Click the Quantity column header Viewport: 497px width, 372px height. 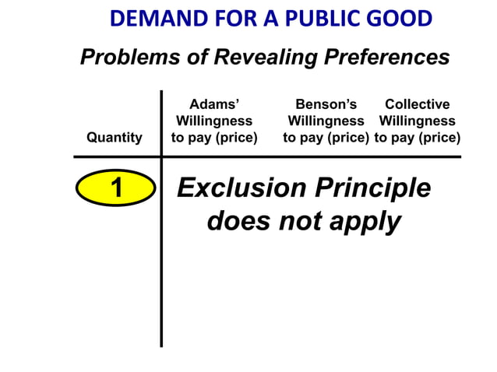[115, 138]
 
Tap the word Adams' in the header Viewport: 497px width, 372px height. [214, 104]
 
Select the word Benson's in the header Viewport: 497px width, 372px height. [326, 104]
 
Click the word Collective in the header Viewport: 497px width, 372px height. [418, 104]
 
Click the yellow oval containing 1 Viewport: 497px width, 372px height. [116, 188]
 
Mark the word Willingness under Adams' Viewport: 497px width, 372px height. [214, 121]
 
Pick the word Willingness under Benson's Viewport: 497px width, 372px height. [326, 121]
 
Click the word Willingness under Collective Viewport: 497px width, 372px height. [418, 121]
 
